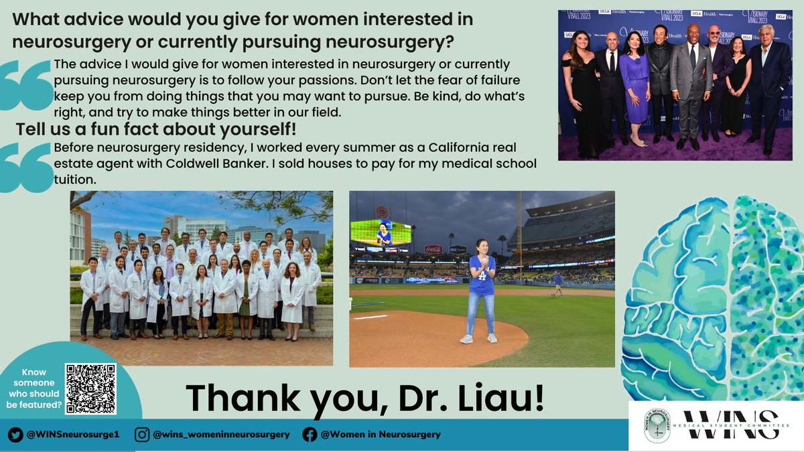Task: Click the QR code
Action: (x=90, y=389)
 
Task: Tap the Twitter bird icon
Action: (x=15, y=434)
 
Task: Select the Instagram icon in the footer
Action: (x=142, y=434)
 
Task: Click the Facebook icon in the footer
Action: (x=310, y=434)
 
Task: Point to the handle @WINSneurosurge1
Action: (x=72, y=434)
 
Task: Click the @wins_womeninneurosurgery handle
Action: (x=221, y=434)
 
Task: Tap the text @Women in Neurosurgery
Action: (x=381, y=434)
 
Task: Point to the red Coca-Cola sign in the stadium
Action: (x=433, y=249)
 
